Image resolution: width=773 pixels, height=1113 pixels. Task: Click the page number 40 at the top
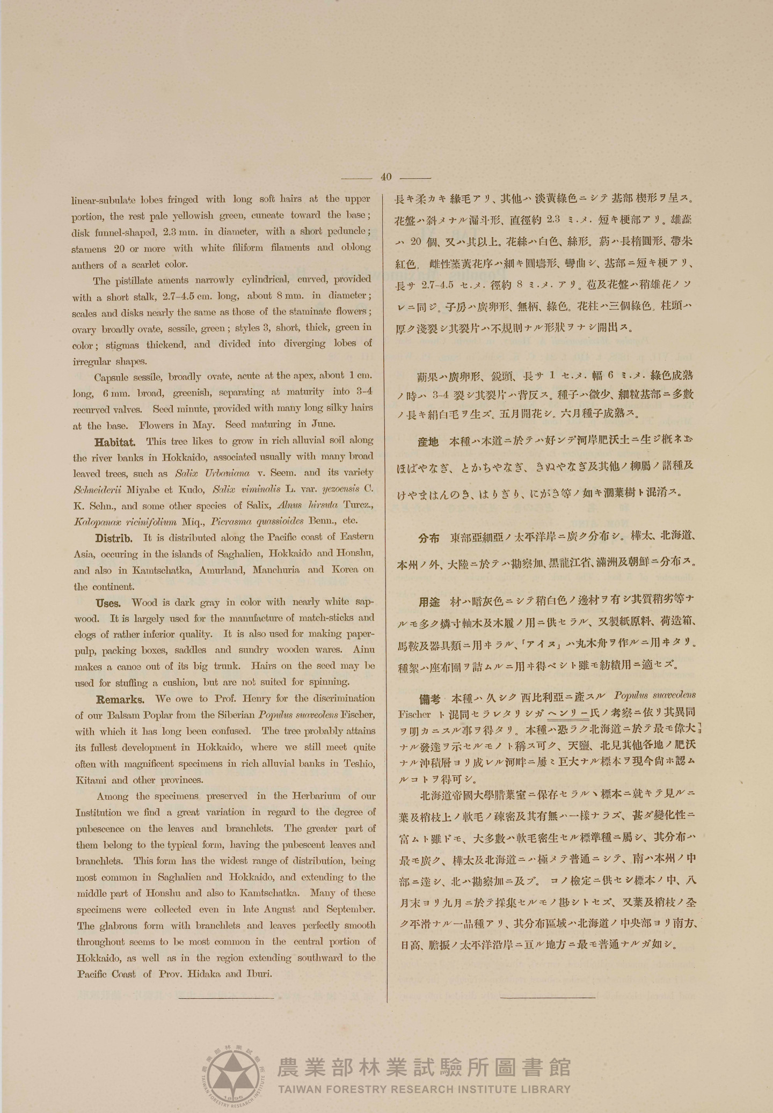[386, 177]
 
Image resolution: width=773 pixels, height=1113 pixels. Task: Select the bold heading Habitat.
[115, 442]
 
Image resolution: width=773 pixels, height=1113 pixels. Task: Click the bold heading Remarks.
[120, 700]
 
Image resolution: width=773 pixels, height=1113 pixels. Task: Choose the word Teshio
[359, 764]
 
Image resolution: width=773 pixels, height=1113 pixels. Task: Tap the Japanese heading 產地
[428, 442]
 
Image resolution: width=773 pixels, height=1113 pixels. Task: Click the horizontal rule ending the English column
[226, 998]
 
